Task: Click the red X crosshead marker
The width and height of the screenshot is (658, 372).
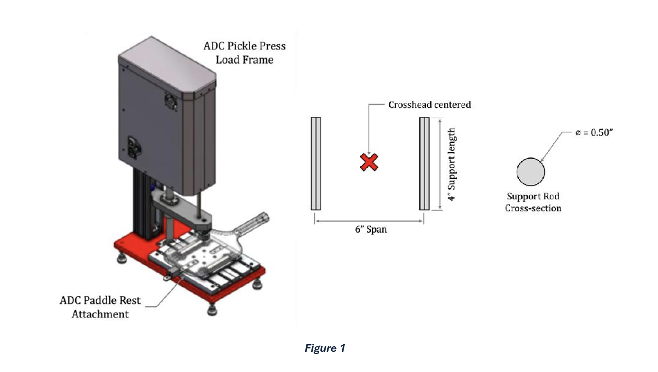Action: (369, 162)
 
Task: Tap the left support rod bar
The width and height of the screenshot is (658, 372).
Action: (316, 164)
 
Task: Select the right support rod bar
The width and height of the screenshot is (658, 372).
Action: (424, 164)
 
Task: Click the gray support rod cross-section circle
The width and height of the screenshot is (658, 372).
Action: (530, 172)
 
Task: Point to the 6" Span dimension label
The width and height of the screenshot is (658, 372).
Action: (371, 229)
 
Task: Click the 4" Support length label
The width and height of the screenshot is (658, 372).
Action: (451, 164)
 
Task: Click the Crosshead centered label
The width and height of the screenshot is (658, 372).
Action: (429, 105)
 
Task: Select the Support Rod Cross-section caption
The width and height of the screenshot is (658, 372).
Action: (533, 202)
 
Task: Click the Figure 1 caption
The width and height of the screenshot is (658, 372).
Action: (325, 348)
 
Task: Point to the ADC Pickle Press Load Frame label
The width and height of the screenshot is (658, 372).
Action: (245, 53)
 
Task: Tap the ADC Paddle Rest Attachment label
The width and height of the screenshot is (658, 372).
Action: (100, 307)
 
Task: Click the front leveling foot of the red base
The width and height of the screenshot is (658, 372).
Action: (212, 309)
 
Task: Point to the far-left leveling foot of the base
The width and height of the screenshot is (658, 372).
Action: (122, 258)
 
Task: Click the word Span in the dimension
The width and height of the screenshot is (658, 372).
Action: (377, 229)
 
